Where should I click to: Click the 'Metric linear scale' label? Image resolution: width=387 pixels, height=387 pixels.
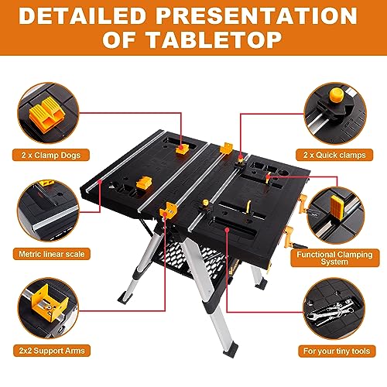coord(49,252)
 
